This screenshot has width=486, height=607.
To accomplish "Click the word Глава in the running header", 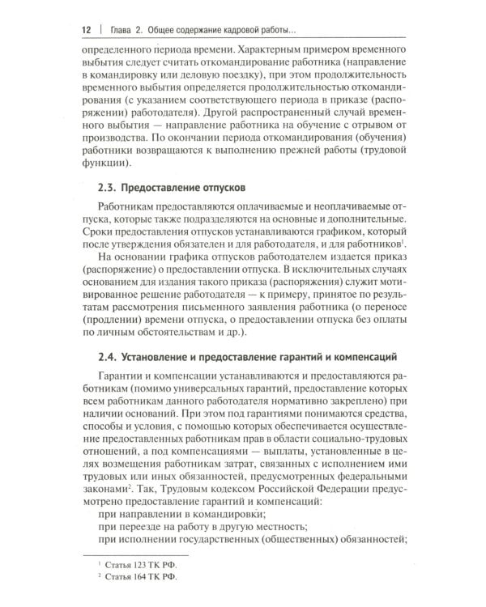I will [x=124, y=30].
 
